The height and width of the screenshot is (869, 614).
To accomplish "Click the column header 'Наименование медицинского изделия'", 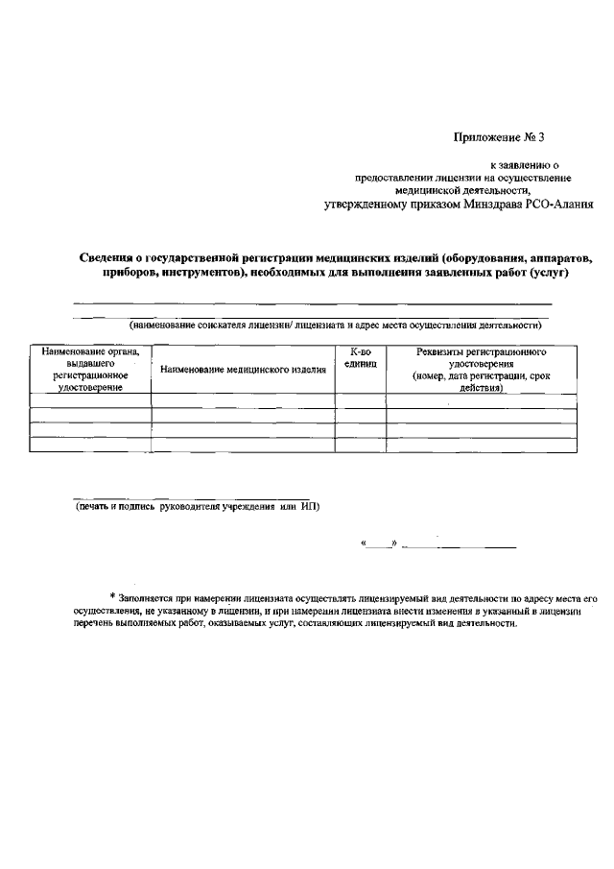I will pos(244,370).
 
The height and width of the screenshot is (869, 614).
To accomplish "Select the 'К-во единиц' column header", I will pos(361,359).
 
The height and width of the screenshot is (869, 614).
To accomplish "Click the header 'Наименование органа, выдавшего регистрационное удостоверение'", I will pos(90,370).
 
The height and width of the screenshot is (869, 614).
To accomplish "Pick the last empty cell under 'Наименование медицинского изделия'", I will pos(244,444).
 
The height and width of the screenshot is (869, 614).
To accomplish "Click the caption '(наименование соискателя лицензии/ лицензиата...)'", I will pos(336,326).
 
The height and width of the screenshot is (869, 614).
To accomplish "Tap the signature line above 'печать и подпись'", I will pos(173,497).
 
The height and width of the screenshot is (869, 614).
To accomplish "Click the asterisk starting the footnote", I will pos(112,596).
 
